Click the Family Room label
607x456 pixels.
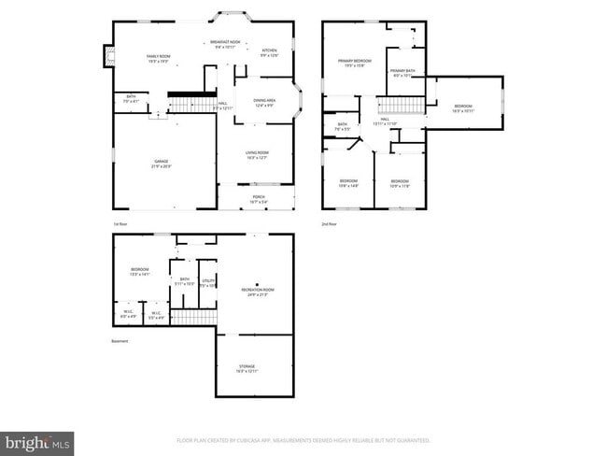pyautogui.click(x=156, y=58)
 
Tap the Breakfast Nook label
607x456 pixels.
pyautogui.click(x=225, y=43)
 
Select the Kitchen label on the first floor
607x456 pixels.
pyautogui.click(x=269, y=52)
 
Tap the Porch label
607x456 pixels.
pyautogui.click(x=258, y=198)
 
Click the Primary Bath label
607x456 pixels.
pyautogui.click(x=403, y=73)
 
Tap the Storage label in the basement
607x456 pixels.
pyautogui.click(x=246, y=367)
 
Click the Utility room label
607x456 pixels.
pyautogui.click(x=208, y=282)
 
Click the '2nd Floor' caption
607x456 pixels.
pyautogui.click(x=328, y=224)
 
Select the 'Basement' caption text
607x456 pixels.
pyautogui.click(x=120, y=341)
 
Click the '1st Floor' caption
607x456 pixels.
pyautogui.click(x=120, y=224)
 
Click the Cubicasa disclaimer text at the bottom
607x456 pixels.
pyautogui.click(x=303, y=439)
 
